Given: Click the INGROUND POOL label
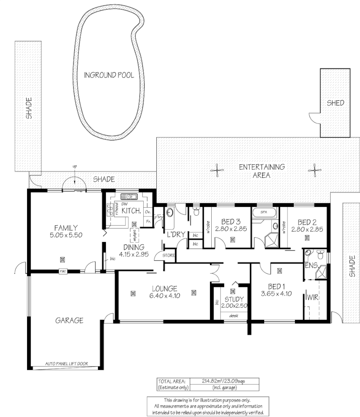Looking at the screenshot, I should (109, 75).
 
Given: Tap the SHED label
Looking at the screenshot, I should (335, 103).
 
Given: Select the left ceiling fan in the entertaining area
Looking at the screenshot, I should (217, 170).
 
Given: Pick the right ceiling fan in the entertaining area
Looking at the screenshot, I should (314, 169).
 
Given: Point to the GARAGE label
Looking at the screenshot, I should (69, 321).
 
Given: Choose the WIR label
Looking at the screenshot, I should (312, 298).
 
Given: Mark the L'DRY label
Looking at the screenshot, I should (176, 235).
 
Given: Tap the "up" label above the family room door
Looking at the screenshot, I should (75, 166).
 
